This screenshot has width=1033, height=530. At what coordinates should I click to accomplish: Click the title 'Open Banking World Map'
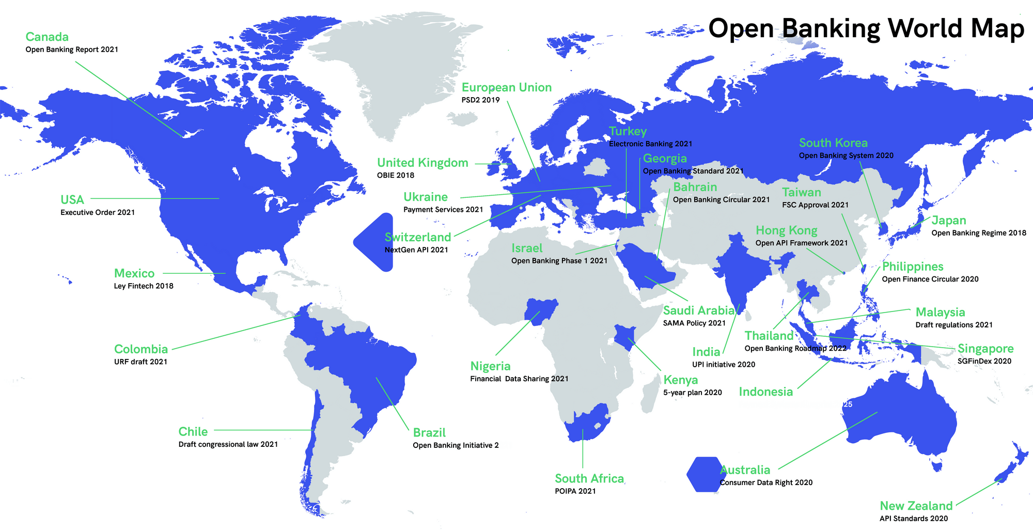866,28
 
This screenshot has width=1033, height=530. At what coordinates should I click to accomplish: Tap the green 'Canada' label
47,37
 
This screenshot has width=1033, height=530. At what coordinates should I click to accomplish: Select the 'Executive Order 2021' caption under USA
98,212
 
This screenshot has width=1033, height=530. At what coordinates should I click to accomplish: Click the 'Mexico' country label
134,274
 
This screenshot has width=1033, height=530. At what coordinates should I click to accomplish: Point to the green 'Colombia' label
141,349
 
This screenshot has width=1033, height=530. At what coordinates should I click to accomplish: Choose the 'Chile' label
193,432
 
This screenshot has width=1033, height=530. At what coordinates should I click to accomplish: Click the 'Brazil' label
429,433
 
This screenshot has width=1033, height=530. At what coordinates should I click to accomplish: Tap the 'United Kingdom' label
422,163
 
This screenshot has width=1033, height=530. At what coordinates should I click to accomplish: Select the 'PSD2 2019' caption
480,100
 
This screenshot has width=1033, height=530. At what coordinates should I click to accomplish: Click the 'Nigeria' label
490,366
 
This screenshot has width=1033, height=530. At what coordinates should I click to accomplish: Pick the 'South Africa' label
589,479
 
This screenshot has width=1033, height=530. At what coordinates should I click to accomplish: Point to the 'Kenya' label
681,380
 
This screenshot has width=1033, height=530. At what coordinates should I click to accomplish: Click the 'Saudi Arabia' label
699,310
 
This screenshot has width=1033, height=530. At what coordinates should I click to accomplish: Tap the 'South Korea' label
833,143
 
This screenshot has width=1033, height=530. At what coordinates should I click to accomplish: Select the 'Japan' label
949,221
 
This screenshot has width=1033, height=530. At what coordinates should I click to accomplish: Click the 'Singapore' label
985,349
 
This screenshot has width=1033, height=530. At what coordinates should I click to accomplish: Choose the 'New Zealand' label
916,506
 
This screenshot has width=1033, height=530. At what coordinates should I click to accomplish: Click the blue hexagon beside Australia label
703,474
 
